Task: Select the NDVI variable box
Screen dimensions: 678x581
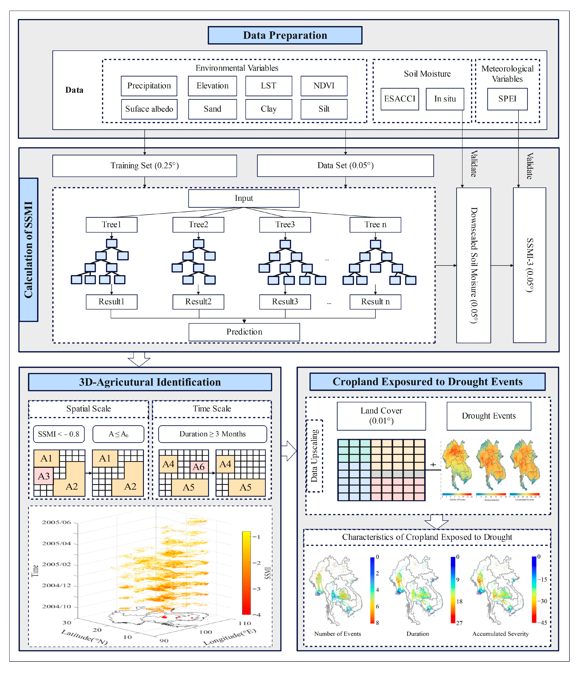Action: pos(324,86)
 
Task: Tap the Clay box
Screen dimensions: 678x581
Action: pos(268,109)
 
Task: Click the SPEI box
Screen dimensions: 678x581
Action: pos(507,99)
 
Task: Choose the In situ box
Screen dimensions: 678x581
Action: pos(445,99)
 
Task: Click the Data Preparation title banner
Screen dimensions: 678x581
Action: pos(285,35)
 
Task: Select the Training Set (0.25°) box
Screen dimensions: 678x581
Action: pos(145,166)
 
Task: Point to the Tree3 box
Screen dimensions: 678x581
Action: pos(285,224)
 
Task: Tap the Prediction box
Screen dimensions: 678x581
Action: pos(244,332)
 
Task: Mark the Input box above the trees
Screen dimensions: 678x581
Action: pos(244,198)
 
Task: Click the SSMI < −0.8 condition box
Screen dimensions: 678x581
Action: pos(59,434)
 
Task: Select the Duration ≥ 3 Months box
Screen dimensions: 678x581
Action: pos(212,434)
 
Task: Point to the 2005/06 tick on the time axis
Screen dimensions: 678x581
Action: pos(57,522)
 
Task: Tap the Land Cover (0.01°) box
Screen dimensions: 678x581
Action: pos(381,416)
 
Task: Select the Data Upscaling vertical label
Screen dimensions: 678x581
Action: pos(314,456)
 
